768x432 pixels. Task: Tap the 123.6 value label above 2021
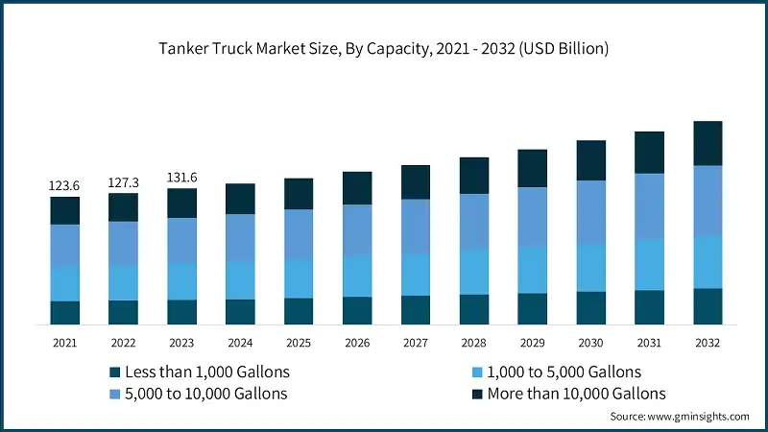click(64, 185)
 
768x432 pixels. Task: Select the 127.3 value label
click(123, 181)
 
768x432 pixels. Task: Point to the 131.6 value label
click(181, 177)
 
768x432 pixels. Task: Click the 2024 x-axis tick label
click(240, 343)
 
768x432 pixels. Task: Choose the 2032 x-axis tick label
click(708, 343)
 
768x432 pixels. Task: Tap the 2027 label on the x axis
click(416, 343)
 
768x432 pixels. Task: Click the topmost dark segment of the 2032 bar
click(708, 143)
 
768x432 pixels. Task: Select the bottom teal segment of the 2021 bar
click(64, 313)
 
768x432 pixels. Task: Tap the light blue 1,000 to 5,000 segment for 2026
click(357, 276)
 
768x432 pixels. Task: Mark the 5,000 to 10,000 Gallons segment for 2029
click(533, 217)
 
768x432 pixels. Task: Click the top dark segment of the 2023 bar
click(181, 203)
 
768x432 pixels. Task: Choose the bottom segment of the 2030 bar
click(591, 308)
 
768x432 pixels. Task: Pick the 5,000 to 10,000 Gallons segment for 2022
click(123, 243)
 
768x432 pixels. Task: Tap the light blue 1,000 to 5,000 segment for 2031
click(650, 264)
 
